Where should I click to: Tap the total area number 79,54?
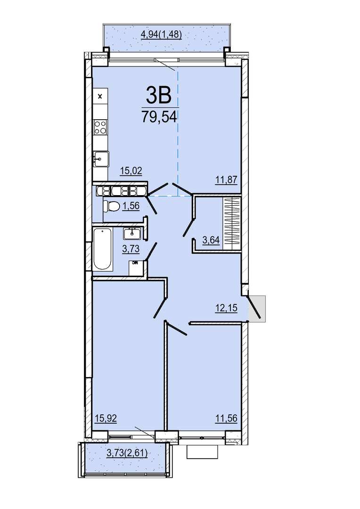(x=159, y=116)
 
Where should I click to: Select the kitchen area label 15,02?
(x=131, y=171)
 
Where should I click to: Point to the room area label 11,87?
(x=227, y=179)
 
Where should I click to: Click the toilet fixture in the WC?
(x=109, y=206)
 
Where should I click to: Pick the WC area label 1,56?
(x=131, y=205)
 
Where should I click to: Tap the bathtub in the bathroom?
(x=103, y=249)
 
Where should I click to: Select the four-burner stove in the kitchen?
(x=100, y=127)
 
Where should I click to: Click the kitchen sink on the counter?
(x=101, y=159)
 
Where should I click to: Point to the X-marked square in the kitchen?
(x=100, y=96)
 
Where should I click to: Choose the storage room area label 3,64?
(x=211, y=240)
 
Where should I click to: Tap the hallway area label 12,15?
(x=227, y=308)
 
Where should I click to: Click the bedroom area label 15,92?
(x=106, y=419)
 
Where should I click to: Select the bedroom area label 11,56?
(x=227, y=419)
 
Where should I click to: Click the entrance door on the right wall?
(x=254, y=307)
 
